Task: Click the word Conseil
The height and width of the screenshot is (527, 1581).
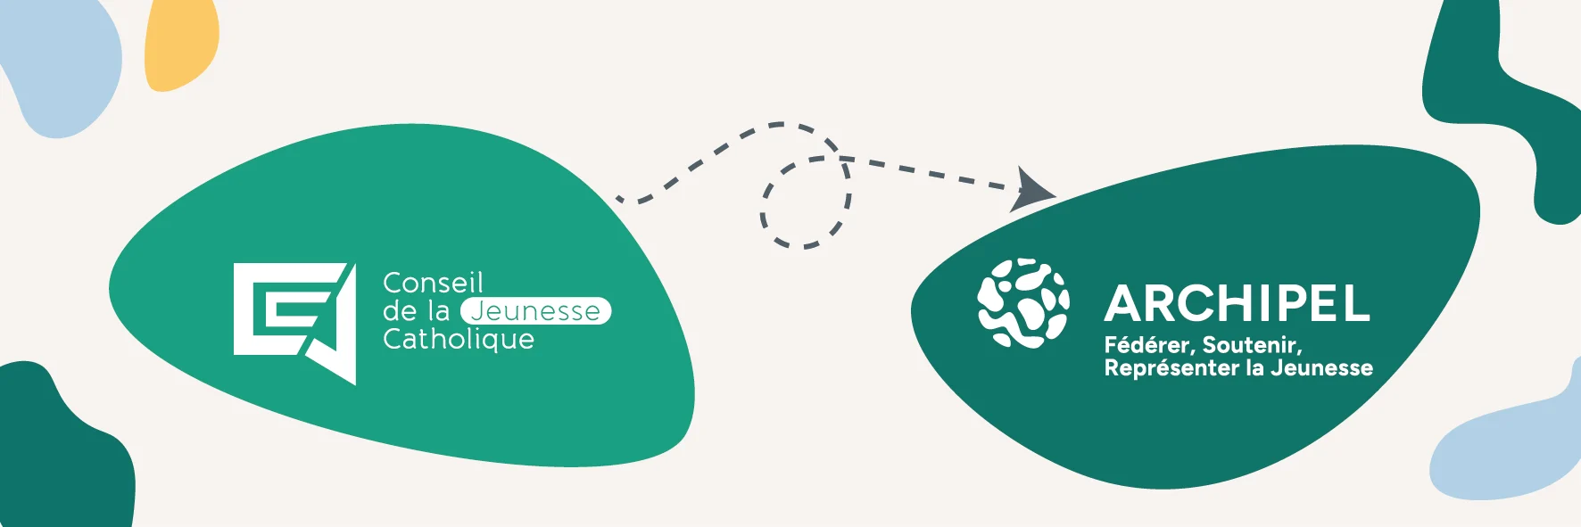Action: click(433, 284)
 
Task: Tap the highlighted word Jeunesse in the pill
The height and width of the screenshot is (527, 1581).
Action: click(535, 311)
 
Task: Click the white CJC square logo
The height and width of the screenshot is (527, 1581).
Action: click(294, 324)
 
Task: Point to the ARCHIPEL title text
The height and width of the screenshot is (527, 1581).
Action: click(1237, 304)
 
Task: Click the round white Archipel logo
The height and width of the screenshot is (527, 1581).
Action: click(1023, 303)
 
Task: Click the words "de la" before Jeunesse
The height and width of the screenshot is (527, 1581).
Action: click(416, 311)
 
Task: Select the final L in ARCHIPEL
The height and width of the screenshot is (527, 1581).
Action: click(1356, 304)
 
